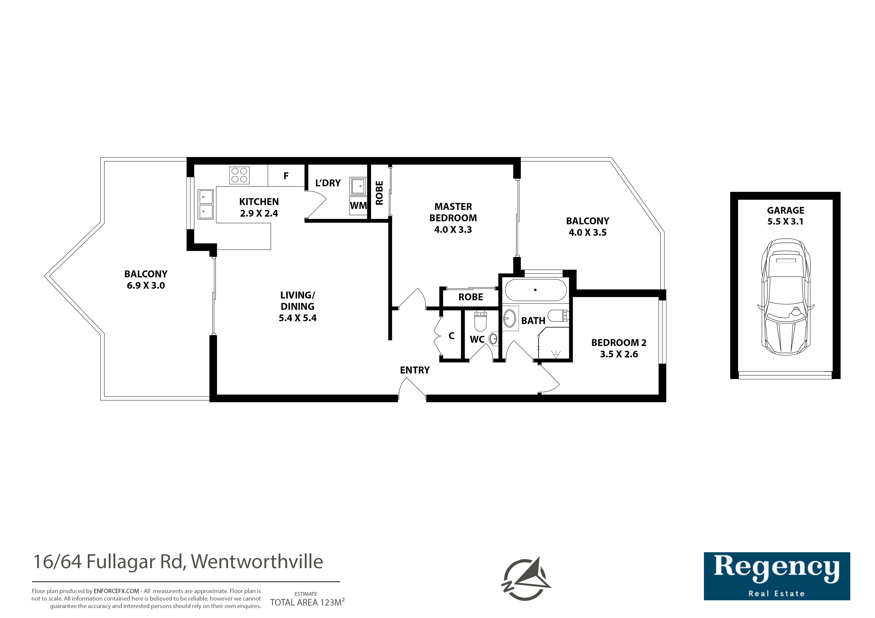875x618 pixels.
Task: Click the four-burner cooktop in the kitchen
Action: click(239, 175)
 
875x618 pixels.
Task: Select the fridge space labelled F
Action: click(286, 175)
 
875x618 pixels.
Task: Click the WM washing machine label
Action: click(358, 206)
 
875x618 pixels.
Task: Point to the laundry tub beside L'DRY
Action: click(358, 186)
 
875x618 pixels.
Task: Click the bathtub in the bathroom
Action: click(536, 290)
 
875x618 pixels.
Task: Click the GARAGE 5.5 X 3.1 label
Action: click(785, 216)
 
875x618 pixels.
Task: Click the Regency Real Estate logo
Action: click(777, 576)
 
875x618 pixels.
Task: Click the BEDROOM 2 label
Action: click(619, 343)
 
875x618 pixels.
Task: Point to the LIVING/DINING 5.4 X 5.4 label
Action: click(298, 307)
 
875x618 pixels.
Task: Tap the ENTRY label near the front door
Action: click(415, 370)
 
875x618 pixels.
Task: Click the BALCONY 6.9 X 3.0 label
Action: click(146, 280)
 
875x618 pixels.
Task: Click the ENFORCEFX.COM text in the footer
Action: click(116, 591)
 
